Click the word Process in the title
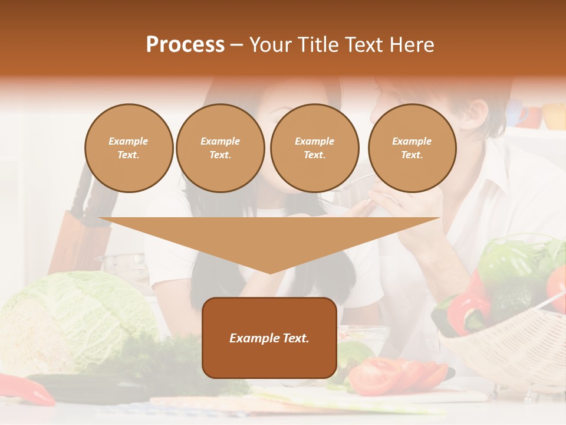tap(185, 45)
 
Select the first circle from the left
tap(129, 148)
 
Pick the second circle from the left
tap(220, 148)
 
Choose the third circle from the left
tap(314, 148)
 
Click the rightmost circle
tap(412, 148)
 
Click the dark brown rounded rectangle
tap(269, 360)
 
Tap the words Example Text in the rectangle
tap(269, 338)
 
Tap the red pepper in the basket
tap(469, 307)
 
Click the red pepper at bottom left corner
tap(27, 390)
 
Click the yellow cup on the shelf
tap(554, 116)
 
